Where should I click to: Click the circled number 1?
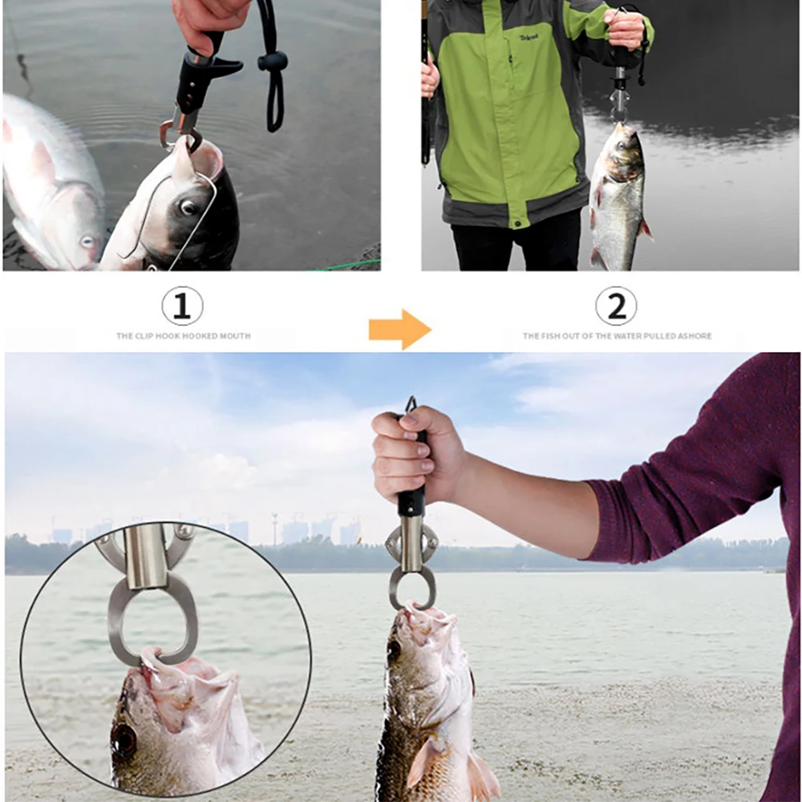click(x=182, y=306)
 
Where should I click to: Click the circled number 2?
click(x=616, y=306)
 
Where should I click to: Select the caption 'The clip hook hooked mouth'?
click(x=183, y=336)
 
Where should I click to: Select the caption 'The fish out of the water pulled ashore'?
click(x=617, y=336)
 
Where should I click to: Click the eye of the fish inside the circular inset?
click(x=124, y=739)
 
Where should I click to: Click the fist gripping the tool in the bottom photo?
click(x=413, y=453)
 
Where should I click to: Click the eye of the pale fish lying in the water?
click(x=87, y=241)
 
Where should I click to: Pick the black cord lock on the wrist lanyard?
click(x=272, y=62)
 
